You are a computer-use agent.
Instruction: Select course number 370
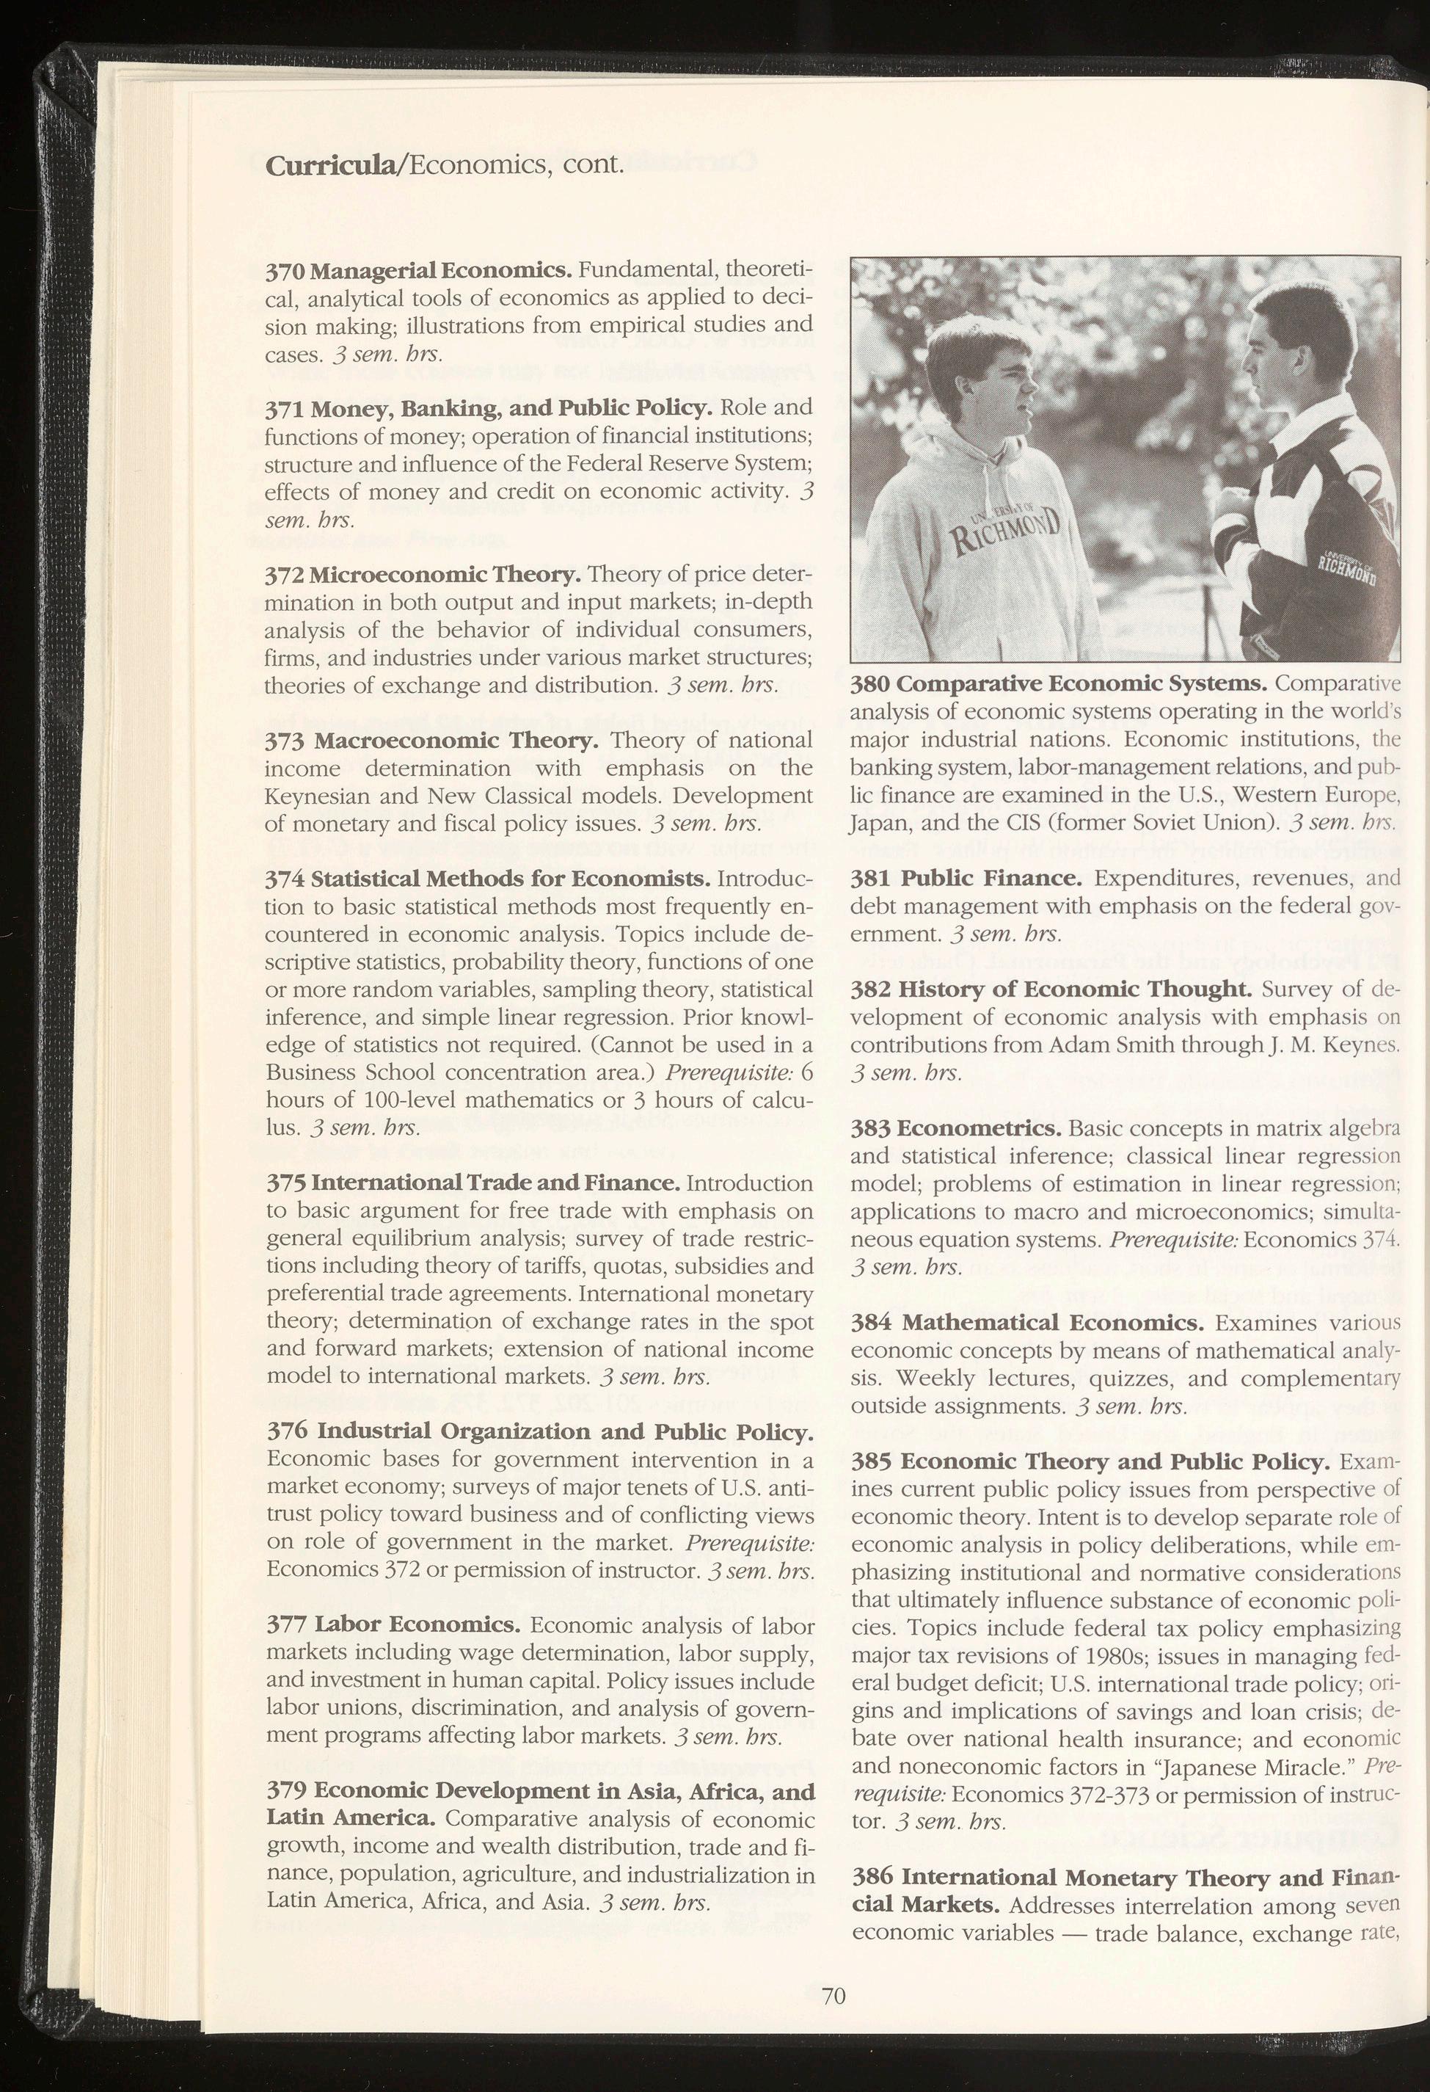[x=285, y=271]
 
